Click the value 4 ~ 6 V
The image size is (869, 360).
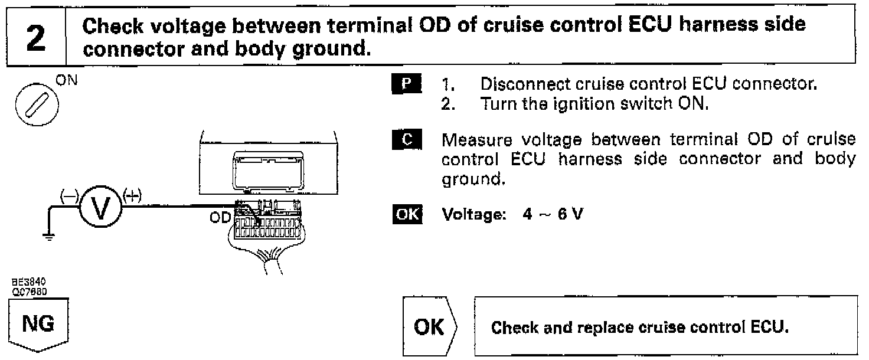point(553,214)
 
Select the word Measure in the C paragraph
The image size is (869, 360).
point(472,142)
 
